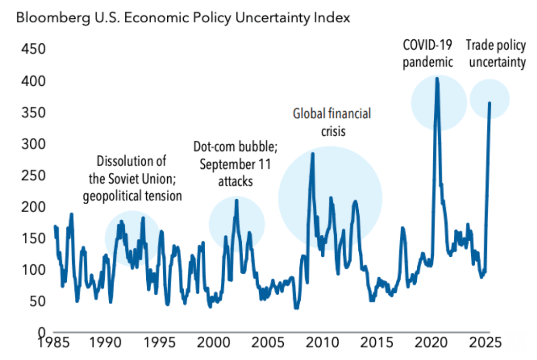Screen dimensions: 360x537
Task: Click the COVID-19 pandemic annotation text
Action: (x=427, y=53)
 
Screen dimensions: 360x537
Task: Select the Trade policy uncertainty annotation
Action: (x=495, y=53)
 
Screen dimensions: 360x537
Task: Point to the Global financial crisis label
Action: (x=331, y=122)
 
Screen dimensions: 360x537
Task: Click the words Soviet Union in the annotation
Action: (x=136, y=179)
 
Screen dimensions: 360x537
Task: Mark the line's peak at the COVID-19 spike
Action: (x=437, y=79)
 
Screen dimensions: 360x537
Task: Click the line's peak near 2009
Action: (x=313, y=154)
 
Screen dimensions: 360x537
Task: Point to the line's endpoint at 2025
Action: (x=489, y=103)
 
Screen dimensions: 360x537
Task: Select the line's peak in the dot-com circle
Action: (x=236, y=200)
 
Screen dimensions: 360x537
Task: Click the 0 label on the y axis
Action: (x=42, y=333)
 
